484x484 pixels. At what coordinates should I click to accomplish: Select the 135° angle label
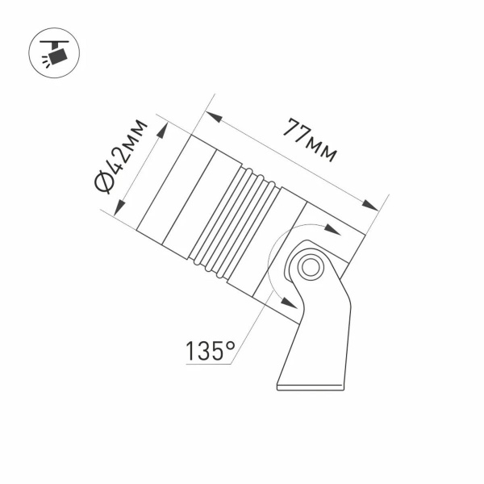pos(211,351)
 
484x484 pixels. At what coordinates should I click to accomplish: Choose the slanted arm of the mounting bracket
pos(323,323)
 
